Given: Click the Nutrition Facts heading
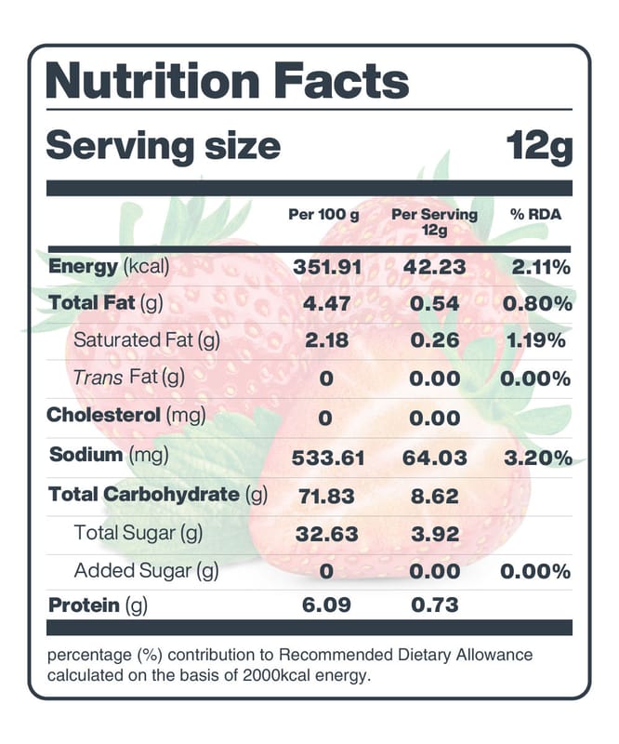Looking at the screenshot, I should coord(227,81).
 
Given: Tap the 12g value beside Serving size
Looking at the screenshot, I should coord(538,146).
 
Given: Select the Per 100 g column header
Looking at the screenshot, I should coord(323,215).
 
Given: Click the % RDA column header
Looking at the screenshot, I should coord(536,215).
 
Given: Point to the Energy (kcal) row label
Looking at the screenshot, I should coord(109,267).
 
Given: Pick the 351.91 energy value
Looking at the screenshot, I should coord(326,267).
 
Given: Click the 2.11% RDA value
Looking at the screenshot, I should coord(539,267).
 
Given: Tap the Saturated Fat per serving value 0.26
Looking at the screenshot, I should coord(435,340).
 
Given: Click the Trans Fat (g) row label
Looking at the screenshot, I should coord(129,377).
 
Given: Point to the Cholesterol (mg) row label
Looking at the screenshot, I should coord(127,415).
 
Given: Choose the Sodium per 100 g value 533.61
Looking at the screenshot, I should coord(328,458).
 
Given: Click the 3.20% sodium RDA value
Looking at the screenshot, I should coord(535,457).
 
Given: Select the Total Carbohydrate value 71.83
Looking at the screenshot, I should coord(326,496).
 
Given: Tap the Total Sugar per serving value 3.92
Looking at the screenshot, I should coord(435,533).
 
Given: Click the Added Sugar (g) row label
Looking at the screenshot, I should coord(146,570).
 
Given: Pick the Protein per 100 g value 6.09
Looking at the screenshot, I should coord(325,604).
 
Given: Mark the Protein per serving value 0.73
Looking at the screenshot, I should coord(435,604).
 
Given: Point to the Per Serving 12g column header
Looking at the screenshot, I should coord(435,221).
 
